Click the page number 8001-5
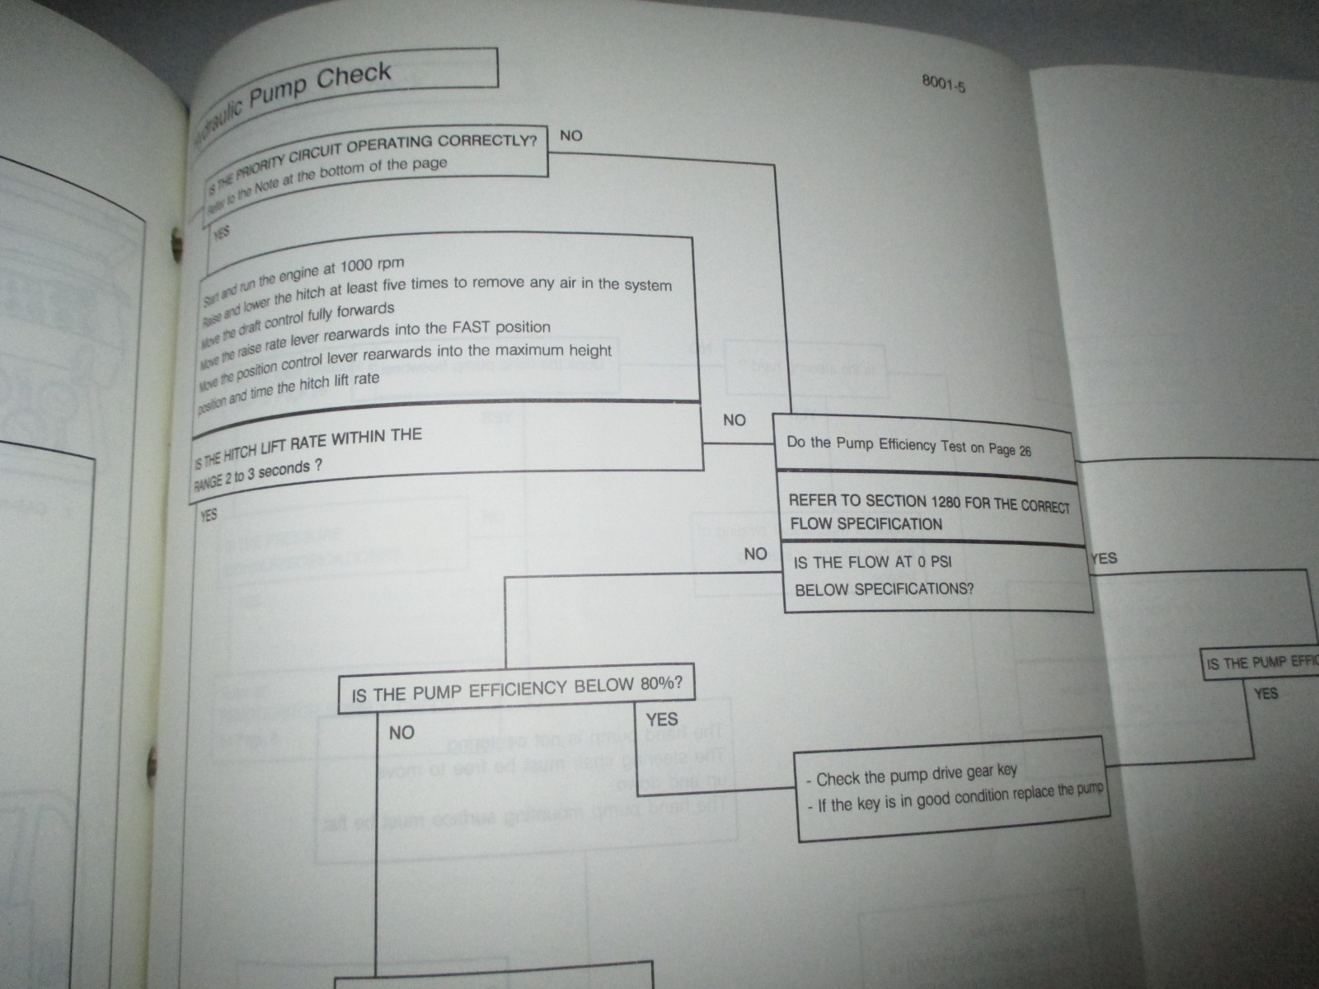click(x=944, y=85)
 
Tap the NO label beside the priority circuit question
click(x=570, y=135)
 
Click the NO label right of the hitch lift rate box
click(x=734, y=420)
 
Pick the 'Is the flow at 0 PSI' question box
click(x=936, y=576)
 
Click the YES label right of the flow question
click(x=1103, y=559)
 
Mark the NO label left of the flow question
click(x=755, y=554)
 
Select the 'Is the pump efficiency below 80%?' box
click(x=516, y=688)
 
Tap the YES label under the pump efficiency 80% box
click(x=661, y=719)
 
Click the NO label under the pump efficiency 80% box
click(x=401, y=733)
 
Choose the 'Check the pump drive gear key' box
click(x=952, y=789)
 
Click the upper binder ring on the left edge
click(x=174, y=241)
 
